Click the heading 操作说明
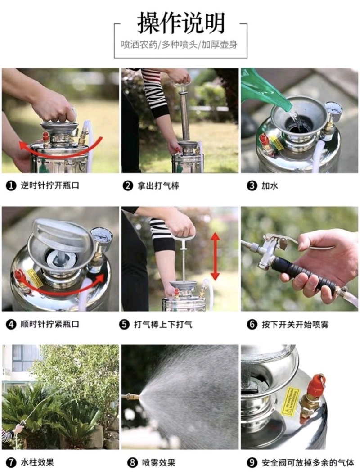pos(181,23)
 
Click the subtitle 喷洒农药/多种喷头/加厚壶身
pos(179,45)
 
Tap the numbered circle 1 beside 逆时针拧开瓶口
pos(11,185)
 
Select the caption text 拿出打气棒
pos(158,185)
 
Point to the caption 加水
pos(270,185)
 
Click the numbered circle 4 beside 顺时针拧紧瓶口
pos(11,325)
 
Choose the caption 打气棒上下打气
pos(163,325)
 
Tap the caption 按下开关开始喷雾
pos(295,325)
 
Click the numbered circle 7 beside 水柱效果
pos(11,462)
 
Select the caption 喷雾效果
pos(159,462)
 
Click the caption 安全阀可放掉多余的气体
pos(308,462)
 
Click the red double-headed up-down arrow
pos(215,256)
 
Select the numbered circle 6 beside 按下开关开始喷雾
pos(252,325)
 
